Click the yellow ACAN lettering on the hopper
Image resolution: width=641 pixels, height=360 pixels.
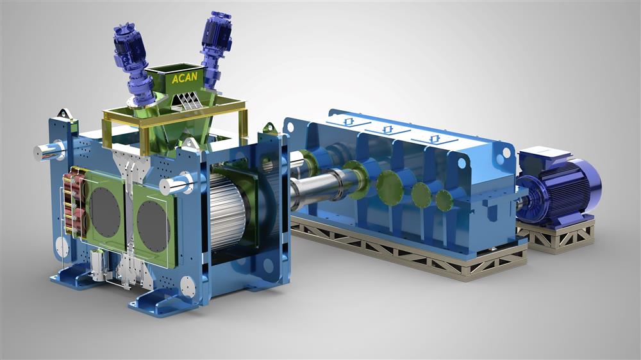tap(185, 78)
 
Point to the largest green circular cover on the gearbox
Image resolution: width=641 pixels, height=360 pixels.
tap(389, 187)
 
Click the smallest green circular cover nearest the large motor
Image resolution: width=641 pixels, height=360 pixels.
tap(444, 200)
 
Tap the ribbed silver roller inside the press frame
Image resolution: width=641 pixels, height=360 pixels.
tap(228, 211)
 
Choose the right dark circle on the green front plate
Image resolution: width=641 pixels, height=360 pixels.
tap(153, 227)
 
